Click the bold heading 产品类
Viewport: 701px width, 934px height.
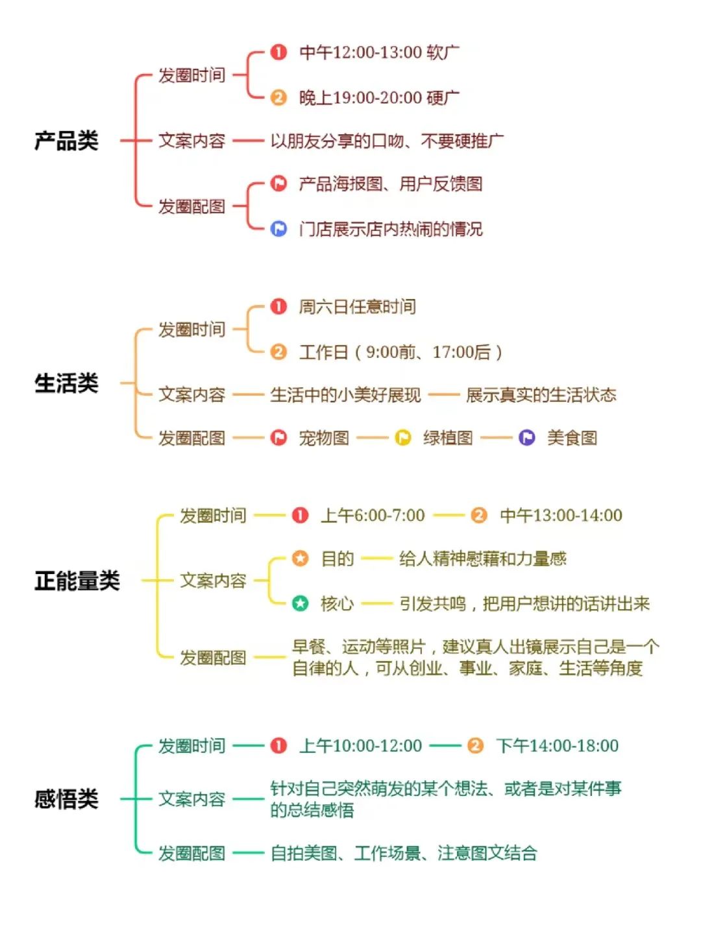point(66,141)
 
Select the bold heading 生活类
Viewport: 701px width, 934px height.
point(66,383)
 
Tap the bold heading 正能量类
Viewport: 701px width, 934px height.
point(77,581)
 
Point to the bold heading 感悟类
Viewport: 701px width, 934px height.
point(66,799)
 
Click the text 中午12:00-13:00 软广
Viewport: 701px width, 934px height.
point(379,53)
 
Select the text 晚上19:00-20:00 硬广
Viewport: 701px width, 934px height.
point(379,98)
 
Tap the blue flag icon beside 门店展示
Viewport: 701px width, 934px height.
point(278,229)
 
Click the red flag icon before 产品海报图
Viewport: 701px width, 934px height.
point(278,184)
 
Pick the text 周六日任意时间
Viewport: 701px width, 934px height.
point(357,307)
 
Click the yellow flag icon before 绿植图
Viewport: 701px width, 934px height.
point(403,438)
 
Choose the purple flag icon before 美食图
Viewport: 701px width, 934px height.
point(527,438)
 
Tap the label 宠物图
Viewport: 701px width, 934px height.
point(324,438)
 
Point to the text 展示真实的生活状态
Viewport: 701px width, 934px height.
point(541,395)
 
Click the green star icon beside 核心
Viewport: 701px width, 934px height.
point(300,604)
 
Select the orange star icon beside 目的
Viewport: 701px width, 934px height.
point(300,558)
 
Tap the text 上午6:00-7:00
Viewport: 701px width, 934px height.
point(373,516)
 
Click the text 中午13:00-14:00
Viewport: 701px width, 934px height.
point(561,516)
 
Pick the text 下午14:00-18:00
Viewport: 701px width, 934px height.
point(557,746)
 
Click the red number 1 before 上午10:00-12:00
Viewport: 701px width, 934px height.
point(278,746)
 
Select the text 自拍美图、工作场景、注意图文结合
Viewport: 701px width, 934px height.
point(404,853)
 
